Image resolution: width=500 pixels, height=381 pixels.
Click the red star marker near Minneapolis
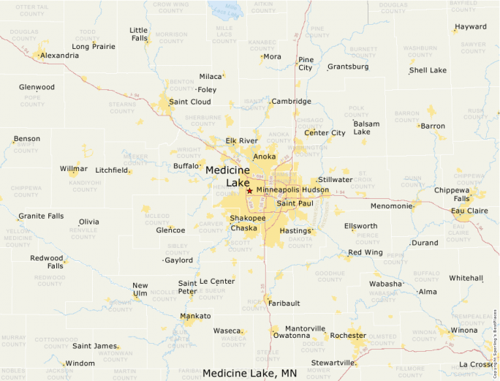[x=249, y=191]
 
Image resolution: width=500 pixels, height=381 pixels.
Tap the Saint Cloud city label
[x=189, y=102]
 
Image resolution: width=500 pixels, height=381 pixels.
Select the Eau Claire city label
[x=470, y=211]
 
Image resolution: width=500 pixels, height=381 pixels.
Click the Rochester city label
[x=348, y=335]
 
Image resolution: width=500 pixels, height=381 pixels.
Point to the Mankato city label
[x=195, y=316]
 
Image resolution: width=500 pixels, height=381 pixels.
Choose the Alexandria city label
[x=60, y=56]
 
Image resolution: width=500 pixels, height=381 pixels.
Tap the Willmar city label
[x=73, y=169]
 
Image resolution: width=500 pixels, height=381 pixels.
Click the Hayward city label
[x=470, y=27]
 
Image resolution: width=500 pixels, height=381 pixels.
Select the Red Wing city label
[x=365, y=252]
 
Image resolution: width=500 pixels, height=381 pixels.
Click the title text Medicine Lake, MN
[x=249, y=373]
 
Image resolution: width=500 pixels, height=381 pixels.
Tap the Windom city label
[x=80, y=363]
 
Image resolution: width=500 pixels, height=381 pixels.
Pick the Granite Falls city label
[x=41, y=216]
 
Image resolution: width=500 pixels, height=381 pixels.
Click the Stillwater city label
[x=335, y=179]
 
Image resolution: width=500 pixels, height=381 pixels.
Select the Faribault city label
[x=284, y=303]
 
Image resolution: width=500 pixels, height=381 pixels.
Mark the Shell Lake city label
[x=428, y=70]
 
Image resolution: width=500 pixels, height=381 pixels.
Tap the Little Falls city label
[x=138, y=34]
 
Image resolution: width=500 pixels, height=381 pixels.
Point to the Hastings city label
[x=295, y=230]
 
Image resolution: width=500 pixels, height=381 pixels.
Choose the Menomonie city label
[x=392, y=206]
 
